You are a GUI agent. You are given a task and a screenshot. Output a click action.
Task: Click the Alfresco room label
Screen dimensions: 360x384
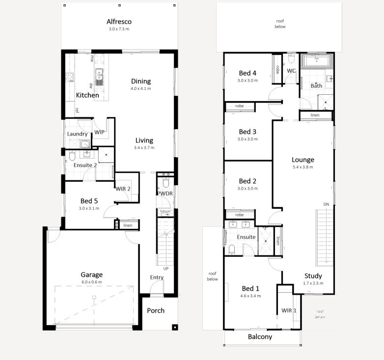119,22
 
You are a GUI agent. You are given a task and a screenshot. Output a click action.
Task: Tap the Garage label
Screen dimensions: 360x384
92,275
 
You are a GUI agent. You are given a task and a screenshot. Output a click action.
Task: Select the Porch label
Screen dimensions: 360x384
156,310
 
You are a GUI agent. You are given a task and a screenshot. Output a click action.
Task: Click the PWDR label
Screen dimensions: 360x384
165,194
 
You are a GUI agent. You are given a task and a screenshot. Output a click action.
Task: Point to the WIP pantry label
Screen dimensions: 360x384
99,132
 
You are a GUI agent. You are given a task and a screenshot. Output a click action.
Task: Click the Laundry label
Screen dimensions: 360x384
77,134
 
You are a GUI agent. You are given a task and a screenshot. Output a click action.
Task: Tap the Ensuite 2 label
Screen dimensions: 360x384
85,165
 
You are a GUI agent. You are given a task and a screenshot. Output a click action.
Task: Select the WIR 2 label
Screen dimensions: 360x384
123,189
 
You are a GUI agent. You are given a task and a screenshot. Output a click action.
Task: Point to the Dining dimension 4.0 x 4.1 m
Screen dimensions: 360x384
140,89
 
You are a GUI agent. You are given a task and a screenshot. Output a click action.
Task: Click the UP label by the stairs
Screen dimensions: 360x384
165,269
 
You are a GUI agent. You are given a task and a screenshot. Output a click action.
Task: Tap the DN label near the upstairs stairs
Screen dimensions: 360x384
326,204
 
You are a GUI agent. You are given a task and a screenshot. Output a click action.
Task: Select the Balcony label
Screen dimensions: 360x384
260,337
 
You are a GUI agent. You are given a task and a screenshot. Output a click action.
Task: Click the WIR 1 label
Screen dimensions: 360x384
289,310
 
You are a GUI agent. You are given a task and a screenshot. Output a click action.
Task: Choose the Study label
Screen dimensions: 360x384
313,276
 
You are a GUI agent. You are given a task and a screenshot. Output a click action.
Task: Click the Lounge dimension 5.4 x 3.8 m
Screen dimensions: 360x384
302,167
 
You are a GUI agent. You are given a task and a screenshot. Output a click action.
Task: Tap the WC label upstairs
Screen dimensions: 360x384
291,71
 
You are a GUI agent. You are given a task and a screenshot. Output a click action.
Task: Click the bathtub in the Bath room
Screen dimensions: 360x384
317,61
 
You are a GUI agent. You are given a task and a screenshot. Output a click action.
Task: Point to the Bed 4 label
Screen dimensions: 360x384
247,73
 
